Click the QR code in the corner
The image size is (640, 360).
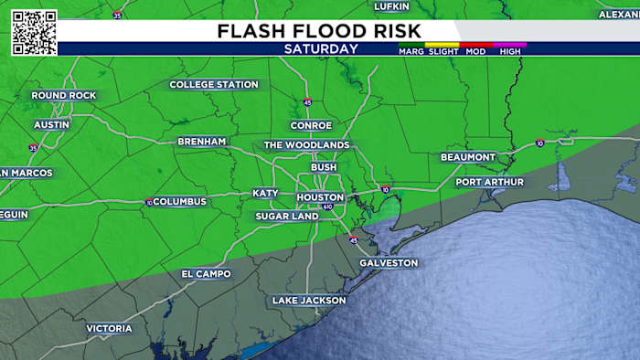coord(34,33)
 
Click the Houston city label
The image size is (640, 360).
coord(319,197)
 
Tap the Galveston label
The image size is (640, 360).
coord(389,263)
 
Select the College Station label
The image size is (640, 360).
coord(214,85)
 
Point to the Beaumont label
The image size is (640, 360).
coord(467,157)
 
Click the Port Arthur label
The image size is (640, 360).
coord(490,182)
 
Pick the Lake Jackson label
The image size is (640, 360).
coord(309,301)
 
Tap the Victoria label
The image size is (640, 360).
coord(109,328)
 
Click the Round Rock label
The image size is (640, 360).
coord(63,96)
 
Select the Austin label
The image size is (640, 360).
coord(51,124)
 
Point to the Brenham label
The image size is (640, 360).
coord(202,142)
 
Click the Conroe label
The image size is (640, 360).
coord(311,125)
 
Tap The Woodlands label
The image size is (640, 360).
coord(306,145)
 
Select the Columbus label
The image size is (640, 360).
coord(180,201)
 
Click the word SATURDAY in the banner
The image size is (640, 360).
coord(320,48)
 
